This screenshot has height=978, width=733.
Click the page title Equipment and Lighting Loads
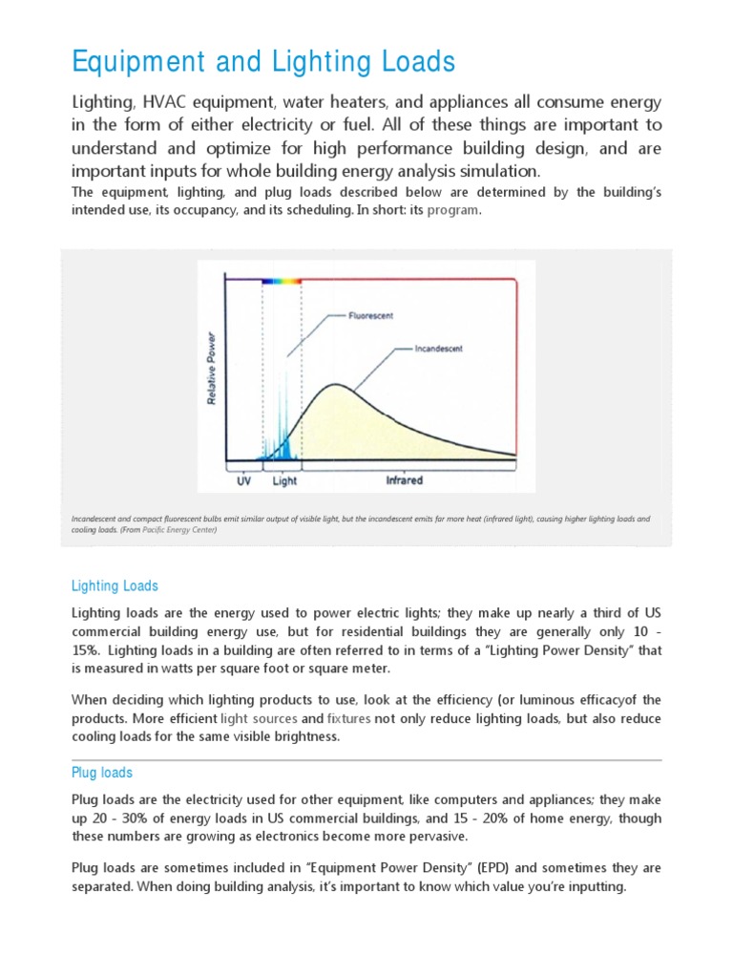point(264,62)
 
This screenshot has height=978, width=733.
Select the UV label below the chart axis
point(242,480)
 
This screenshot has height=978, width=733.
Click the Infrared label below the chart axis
point(404,480)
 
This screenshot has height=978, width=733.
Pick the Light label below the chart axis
point(283,480)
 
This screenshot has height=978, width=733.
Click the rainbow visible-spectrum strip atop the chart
point(282,281)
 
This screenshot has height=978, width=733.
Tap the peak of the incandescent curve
point(334,385)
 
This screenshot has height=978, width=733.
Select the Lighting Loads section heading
point(115,585)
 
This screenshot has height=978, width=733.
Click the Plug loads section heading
point(102,773)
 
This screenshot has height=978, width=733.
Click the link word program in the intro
point(453,210)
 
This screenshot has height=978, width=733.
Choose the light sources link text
point(259,718)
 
